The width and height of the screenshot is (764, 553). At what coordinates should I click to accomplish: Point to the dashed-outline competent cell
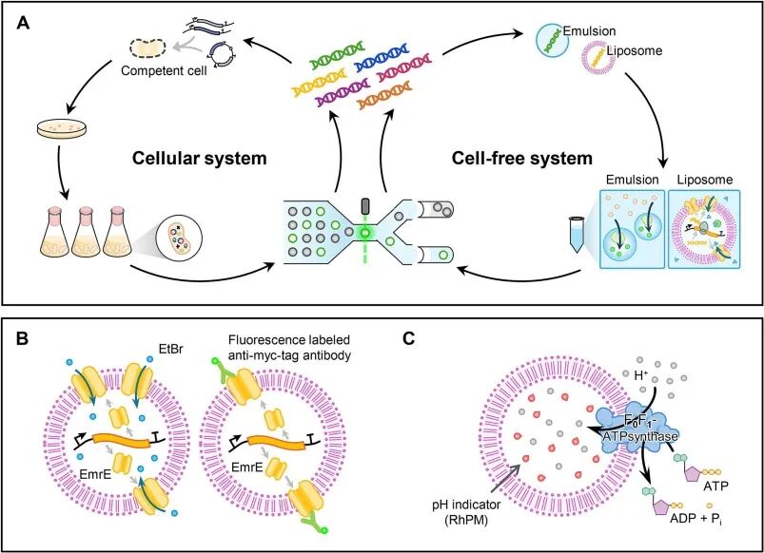(x=148, y=45)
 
